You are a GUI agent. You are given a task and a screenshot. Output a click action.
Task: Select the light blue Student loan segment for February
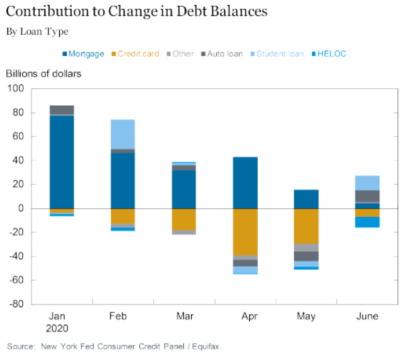122,134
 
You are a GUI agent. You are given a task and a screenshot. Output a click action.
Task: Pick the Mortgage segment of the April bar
245,183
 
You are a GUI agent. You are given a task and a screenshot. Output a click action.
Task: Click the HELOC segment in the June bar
367,222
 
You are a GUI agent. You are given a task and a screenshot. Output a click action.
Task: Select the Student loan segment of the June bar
367,183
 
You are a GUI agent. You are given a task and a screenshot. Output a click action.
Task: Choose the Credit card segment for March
184,220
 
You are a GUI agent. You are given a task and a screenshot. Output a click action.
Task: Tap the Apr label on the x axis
245,316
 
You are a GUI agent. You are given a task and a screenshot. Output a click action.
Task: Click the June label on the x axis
367,316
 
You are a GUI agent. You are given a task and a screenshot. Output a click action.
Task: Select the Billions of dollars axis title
43,73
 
